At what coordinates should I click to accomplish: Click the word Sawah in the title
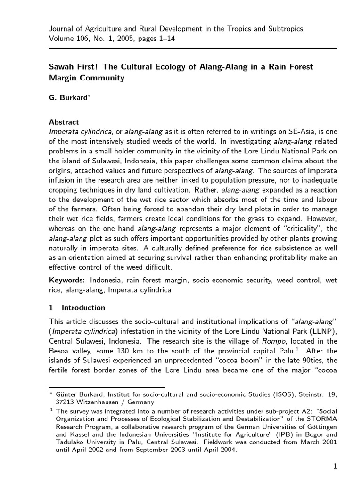point(62,67)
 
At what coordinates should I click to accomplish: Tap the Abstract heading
point(64,122)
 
